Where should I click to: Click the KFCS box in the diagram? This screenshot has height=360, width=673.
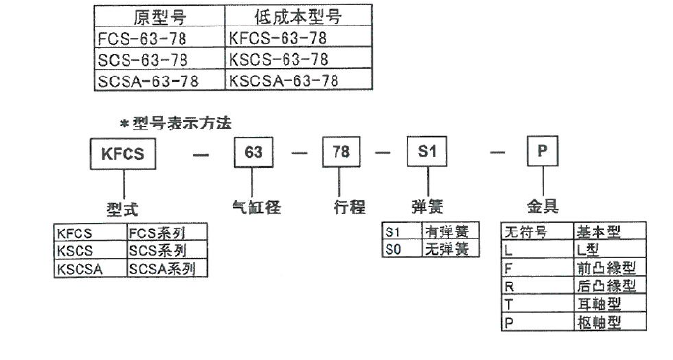(x=124, y=154)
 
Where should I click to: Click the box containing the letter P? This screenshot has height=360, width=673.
(x=545, y=154)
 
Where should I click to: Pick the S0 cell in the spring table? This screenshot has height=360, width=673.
(x=400, y=249)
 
